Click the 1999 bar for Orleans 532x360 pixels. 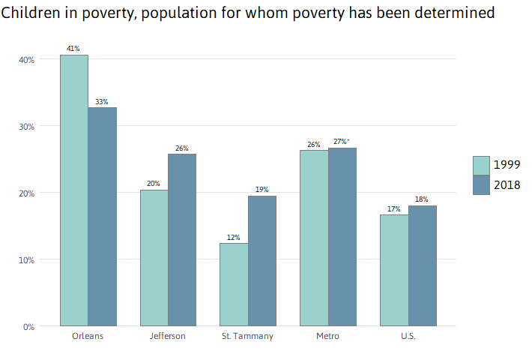click(74, 190)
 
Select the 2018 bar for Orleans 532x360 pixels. click(103, 217)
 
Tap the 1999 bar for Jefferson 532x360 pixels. click(154, 258)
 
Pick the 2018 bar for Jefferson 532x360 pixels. click(182, 240)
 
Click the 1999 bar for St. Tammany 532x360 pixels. click(234, 284)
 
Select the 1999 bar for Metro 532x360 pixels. click(314, 238)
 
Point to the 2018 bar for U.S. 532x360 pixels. click(423, 265)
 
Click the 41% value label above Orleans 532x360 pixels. click(73, 49)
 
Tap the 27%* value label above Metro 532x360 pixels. click(342, 142)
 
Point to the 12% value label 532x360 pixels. click(234, 238)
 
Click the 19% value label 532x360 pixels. click(262, 190)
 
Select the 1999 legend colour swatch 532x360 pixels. click(481, 165)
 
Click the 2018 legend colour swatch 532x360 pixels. click(481, 185)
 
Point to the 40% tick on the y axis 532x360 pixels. click(26, 59)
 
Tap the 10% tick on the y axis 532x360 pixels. click(26, 259)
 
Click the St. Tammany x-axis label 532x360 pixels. click(247, 336)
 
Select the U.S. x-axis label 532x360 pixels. click(408, 336)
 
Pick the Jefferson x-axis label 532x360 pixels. click(168, 336)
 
